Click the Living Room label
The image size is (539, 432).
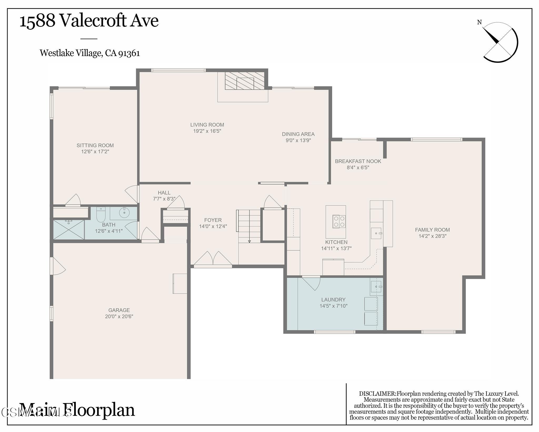point(207,125)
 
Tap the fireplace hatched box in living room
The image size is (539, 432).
point(245,81)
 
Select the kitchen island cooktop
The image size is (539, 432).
point(339,221)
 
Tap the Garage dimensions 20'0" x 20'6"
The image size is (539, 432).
point(119,316)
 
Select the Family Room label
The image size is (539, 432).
point(432,230)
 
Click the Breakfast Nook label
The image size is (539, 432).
point(358,161)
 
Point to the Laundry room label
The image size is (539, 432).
point(333,299)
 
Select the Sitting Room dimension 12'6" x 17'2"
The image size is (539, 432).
point(95,151)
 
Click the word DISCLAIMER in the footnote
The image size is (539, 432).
point(377,394)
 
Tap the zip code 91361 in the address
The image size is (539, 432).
point(129,53)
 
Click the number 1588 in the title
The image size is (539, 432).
point(37,21)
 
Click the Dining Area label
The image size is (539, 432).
point(298,134)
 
